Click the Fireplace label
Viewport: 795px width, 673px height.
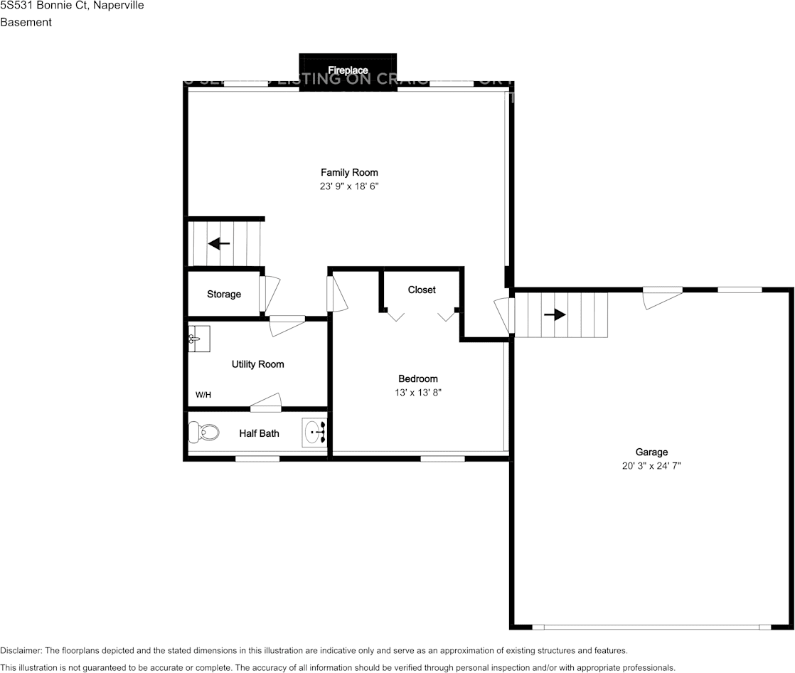tap(348, 70)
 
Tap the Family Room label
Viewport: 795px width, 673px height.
tap(349, 172)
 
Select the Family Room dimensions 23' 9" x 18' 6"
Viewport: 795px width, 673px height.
tap(349, 186)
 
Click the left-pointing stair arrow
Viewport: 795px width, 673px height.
tap(219, 244)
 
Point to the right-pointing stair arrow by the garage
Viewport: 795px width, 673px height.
tap(555, 314)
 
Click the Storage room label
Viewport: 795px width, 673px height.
tap(224, 295)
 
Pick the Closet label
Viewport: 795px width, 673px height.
tap(422, 290)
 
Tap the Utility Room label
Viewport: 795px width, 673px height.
tap(257, 364)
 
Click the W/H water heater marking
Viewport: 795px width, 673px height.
tap(203, 395)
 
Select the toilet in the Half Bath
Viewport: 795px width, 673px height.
tap(203, 431)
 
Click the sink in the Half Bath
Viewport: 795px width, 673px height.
tap(315, 431)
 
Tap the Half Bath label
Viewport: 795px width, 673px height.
tap(259, 433)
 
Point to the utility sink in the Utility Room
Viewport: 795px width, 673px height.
tap(198, 339)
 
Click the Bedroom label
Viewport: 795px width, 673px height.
tap(418, 378)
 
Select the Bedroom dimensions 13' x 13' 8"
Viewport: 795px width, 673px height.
tap(418, 393)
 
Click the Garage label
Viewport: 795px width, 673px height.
tap(651, 452)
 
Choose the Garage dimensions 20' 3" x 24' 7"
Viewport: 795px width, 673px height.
tap(651, 466)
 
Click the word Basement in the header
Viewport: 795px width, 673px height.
tap(26, 22)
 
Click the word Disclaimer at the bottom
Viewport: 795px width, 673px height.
tap(21, 650)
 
